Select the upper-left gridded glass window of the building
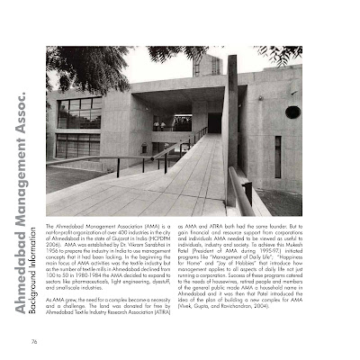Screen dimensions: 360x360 coord(79,112)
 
